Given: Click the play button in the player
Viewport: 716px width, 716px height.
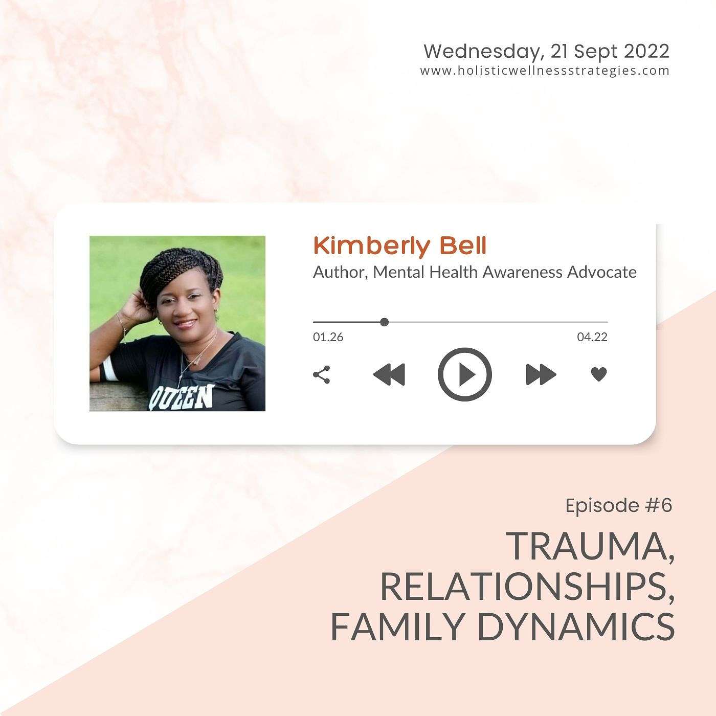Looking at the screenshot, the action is coord(465,374).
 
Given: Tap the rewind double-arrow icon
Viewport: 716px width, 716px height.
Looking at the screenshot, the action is coord(389,374).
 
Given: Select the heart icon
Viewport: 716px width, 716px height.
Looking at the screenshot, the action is coord(598,374).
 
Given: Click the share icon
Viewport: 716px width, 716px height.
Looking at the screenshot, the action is coord(321,374).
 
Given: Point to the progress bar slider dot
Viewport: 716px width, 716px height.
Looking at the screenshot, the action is coord(385,322).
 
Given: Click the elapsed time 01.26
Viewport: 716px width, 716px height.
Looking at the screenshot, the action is coord(328,338).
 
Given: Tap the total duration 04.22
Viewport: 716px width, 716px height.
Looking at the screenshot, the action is coord(592,338).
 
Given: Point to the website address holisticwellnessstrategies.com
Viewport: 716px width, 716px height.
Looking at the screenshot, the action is coord(545,71).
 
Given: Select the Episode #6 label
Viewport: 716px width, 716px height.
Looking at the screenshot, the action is coord(619,505).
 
